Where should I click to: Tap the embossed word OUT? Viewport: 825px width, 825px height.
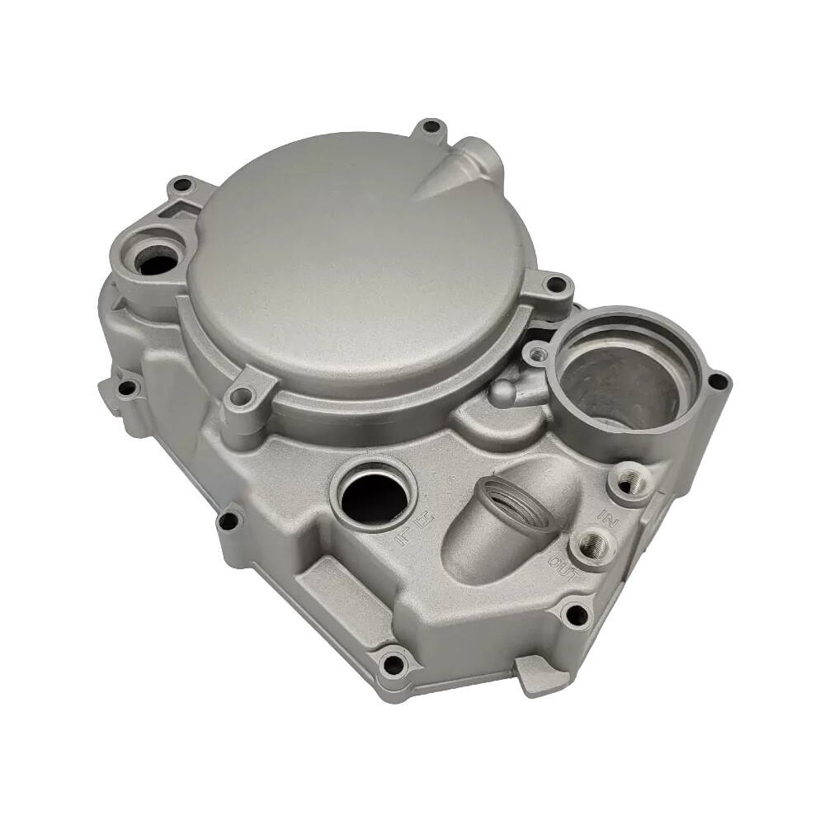pos(560,568)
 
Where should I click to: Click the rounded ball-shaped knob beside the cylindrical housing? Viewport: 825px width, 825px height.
pos(502,394)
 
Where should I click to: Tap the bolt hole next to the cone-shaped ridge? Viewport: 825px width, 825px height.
pos(430,129)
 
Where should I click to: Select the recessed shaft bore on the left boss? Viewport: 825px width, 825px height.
pos(156,262)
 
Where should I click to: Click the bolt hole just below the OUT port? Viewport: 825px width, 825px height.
pos(577,615)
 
